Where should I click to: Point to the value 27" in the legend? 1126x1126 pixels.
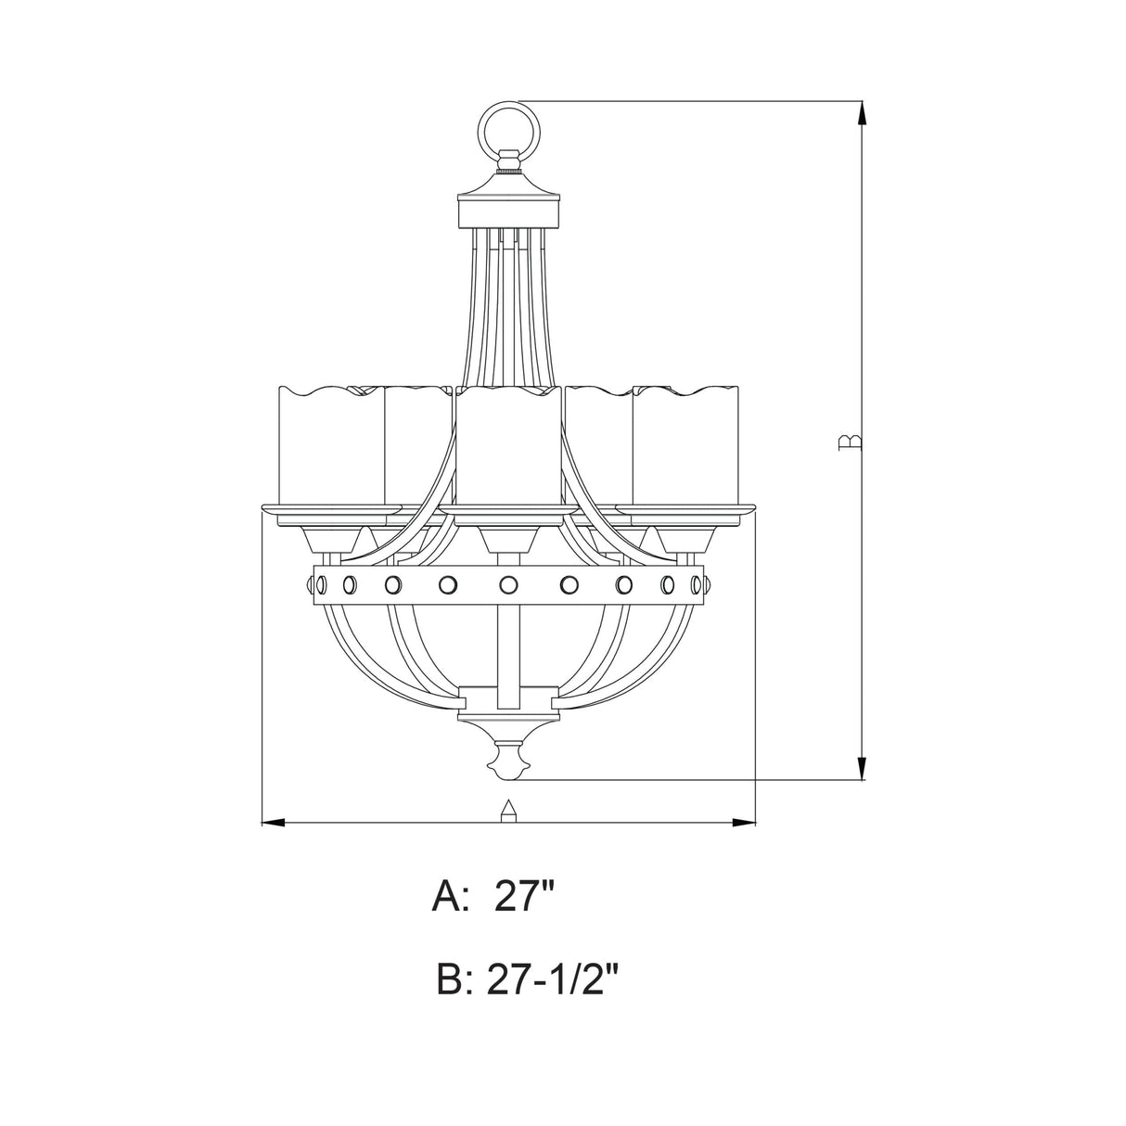tap(525, 898)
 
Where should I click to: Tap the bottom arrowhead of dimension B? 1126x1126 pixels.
tap(863, 766)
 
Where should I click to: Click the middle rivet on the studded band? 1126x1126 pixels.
tap(507, 584)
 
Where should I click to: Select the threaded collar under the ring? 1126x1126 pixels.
tap(507, 166)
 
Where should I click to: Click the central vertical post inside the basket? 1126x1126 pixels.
tap(507, 640)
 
